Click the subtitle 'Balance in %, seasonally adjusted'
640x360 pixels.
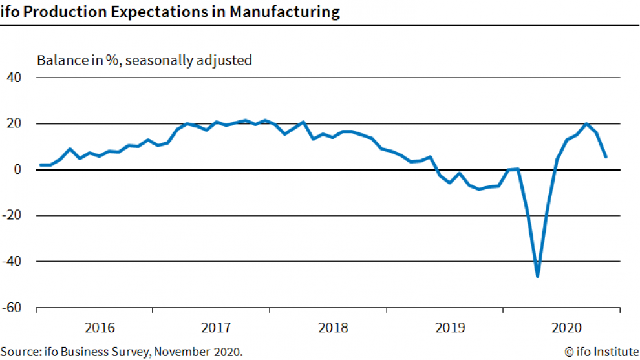coord(144,61)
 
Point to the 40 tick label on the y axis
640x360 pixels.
coord(14,78)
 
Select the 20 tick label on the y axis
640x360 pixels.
coord(14,123)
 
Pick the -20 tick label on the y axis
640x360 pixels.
coord(12,216)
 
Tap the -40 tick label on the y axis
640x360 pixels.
coord(12,262)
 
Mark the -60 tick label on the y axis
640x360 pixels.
coord(12,308)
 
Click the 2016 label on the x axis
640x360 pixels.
coord(100,328)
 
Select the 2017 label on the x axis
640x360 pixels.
coord(216,328)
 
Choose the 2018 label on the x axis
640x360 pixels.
coord(333,328)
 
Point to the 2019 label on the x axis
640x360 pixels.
coord(450,328)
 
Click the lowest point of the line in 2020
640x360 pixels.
coord(537,276)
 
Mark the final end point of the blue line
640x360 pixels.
coord(606,156)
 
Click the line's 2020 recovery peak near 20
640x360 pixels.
coord(586,123)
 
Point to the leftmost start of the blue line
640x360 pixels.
coord(40,165)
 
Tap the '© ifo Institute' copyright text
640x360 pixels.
coord(601,352)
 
